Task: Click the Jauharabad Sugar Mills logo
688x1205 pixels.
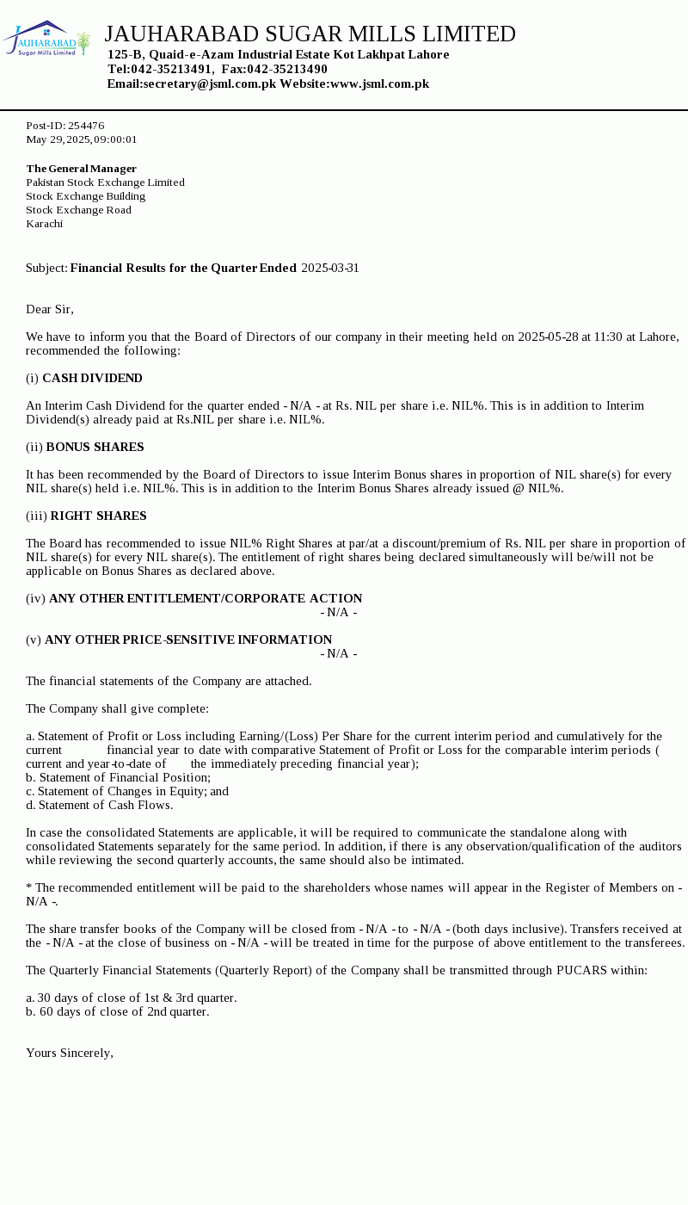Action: [46, 39]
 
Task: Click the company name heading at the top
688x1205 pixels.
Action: [310, 34]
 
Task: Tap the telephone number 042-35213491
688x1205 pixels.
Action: [171, 69]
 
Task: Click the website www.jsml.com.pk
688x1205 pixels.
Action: [379, 83]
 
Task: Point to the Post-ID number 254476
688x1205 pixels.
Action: [86, 126]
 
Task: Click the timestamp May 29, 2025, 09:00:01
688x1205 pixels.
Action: [82, 139]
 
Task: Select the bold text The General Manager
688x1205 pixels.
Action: [82, 169]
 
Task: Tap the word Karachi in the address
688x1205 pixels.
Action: [45, 224]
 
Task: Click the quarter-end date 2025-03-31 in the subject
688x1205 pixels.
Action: [330, 268]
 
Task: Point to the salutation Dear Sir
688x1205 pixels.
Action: [50, 309]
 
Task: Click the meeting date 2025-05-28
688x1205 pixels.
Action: [548, 337]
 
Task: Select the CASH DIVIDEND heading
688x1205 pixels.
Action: [92, 378]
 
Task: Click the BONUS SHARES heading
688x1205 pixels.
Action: [95, 447]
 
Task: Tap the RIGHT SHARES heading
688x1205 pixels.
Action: [98, 516]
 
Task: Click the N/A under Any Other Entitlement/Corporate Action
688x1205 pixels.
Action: [339, 612]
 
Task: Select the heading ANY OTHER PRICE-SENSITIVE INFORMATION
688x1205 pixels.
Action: [188, 640]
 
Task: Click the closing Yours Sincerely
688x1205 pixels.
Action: [70, 1053]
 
